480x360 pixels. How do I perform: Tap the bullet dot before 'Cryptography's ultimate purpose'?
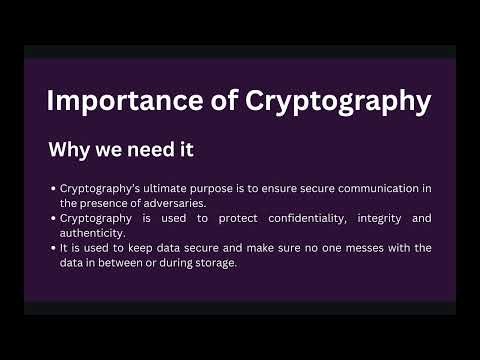click(x=53, y=188)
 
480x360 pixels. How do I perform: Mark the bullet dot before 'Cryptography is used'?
click(x=53, y=217)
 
